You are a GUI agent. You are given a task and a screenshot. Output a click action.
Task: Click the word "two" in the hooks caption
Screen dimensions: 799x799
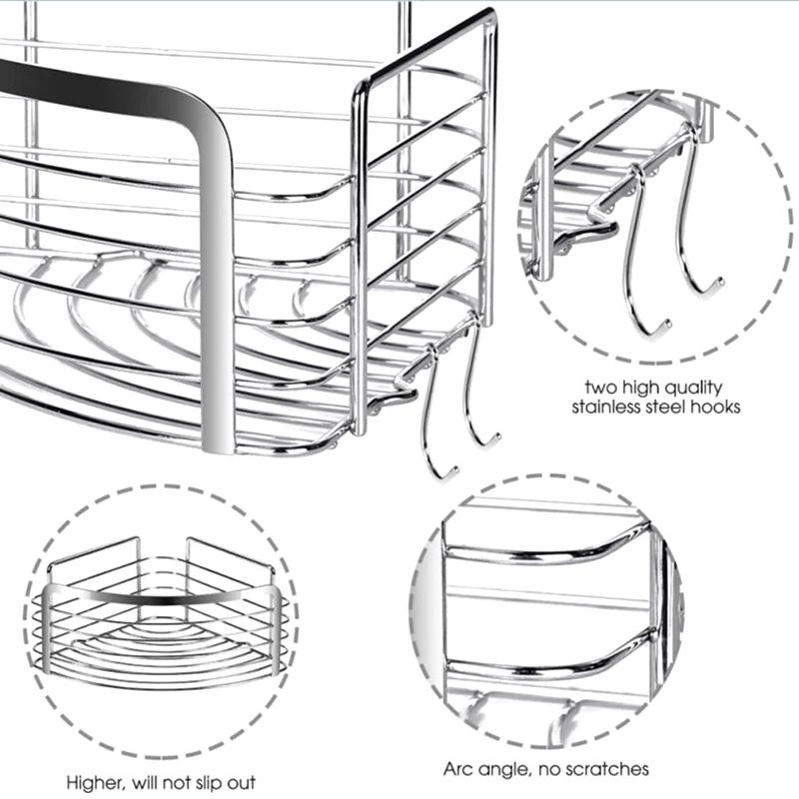pos(598,387)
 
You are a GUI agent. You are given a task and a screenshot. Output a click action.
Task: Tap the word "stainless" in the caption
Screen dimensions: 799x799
pos(604,407)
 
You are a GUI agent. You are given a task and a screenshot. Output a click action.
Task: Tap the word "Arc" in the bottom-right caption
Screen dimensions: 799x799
pos(459,769)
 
